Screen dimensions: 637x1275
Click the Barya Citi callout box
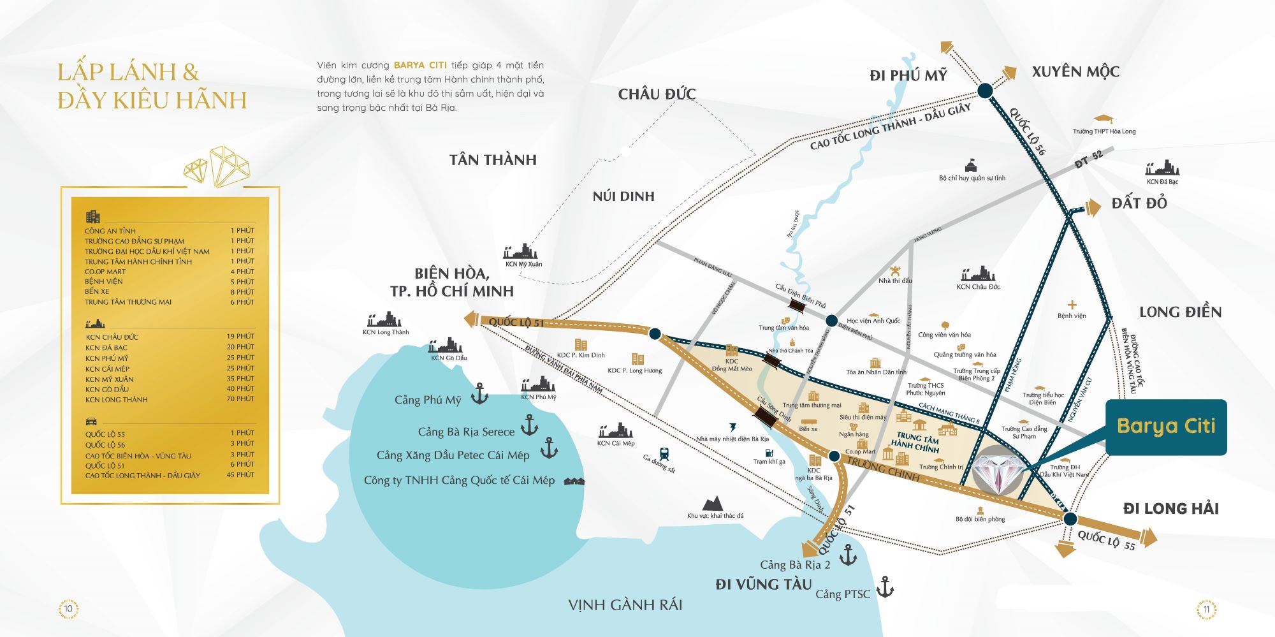[x=1166, y=427]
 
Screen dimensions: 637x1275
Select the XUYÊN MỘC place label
[x=1075, y=71]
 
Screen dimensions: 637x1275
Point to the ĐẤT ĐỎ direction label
[x=1139, y=203]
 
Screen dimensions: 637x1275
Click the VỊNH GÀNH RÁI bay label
[x=625, y=604]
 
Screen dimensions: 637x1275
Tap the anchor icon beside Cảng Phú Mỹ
[x=479, y=394]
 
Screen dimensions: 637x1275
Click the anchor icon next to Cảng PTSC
[x=885, y=587]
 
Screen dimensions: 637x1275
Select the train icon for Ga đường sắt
[x=664, y=454]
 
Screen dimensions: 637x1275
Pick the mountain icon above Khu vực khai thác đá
[x=713, y=503]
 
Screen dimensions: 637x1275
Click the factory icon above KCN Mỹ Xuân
[x=521, y=251]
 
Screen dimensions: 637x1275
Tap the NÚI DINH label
[x=623, y=196]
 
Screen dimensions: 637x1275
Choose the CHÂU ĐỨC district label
[x=657, y=94]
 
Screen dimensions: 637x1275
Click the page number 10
[x=68, y=608]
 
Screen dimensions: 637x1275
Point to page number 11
[x=1206, y=609]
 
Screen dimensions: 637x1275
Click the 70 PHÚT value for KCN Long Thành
[x=240, y=399]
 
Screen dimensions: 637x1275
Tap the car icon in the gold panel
[x=91, y=421]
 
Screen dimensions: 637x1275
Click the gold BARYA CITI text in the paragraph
[x=420, y=65]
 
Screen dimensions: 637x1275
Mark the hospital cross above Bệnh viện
[x=1072, y=305]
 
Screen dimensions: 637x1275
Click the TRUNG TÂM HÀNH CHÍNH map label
[x=915, y=442]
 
